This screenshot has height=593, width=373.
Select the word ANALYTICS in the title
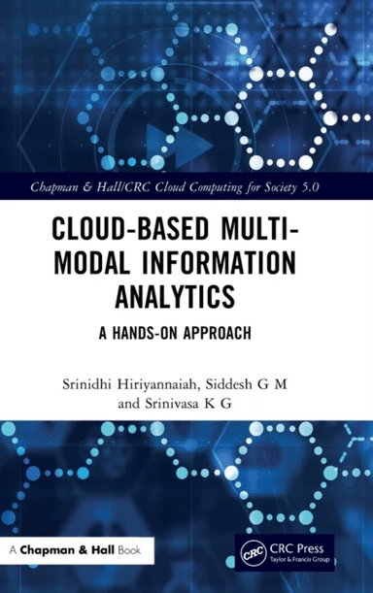tap(186, 292)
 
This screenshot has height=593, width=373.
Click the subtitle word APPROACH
tap(214, 331)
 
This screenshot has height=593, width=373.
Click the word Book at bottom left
tap(128, 550)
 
